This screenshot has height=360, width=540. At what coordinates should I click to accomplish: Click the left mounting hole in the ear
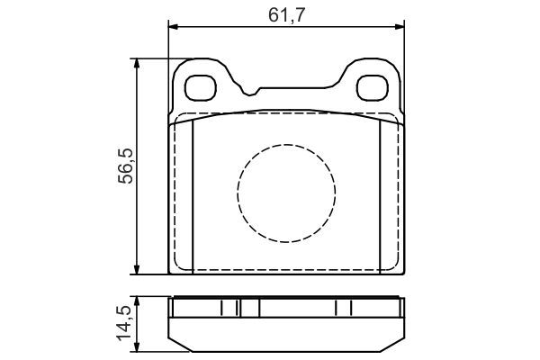click(199, 87)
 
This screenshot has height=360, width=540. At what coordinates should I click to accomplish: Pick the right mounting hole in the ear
click(373, 87)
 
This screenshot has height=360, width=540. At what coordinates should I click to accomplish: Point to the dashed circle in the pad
click(286, 191)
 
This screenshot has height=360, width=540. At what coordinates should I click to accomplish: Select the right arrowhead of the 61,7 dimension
click(400, 26)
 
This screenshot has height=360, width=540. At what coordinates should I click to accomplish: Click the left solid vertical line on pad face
click(194, 193)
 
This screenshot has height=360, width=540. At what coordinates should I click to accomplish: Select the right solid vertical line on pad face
click(380, 193)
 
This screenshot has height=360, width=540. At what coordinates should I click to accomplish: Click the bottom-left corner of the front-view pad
click(169, 274)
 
